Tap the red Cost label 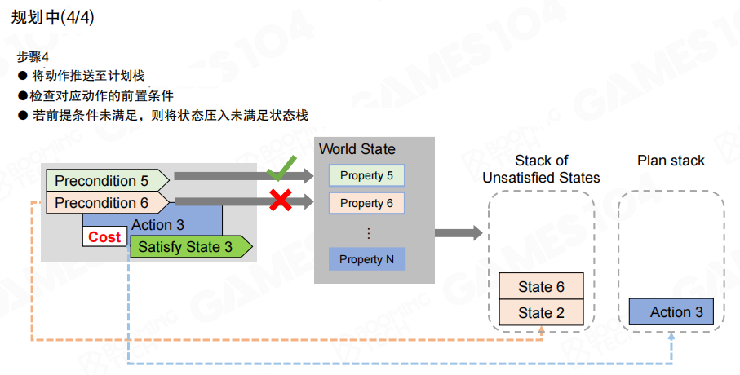pyautogui.click(x=104, y=237)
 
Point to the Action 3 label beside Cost pyautogui.click(x=157, y=224)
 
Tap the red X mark pyautogui.click(x=281, y=201)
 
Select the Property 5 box pyautogui.click(x=366, y=175)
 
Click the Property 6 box pyautogui.click(x=366, y=203)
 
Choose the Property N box pyautogui.click(x=366, y=259)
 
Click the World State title pyautogui.click(x=357, y=149)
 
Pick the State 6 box pyautogui.click(x=541, y=287)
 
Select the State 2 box pyautogui.click(x=541, y=312)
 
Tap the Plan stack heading pyautogui.click(x=671, y=161)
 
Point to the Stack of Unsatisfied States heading pyautogui.click(x=541, y=169)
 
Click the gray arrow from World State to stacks pyautogui.click(x=458, y=233)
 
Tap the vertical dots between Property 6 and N pyautogui.click(x=368, y=233)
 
